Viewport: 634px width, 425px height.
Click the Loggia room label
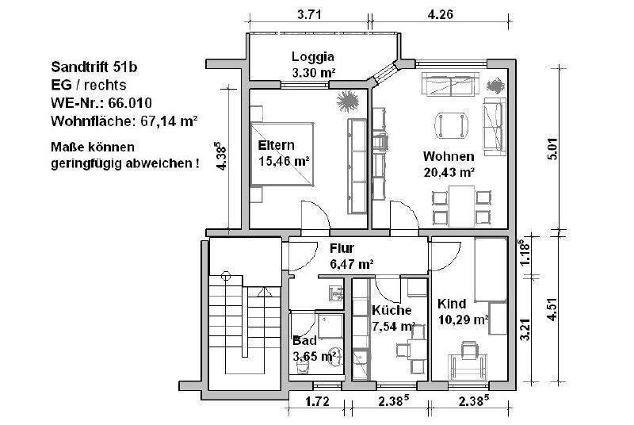tap(313, 56)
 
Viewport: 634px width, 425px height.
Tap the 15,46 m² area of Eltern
tap(284, 161)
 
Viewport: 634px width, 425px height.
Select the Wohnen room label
tap(448, 155)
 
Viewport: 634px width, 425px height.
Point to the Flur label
tap(342, 248)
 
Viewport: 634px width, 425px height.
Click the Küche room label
tap(390, 311)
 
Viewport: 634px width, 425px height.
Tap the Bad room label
tap(304, 340)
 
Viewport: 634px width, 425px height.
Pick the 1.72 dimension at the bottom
tap(318, 403)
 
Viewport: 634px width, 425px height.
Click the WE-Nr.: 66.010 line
tap(101, 103)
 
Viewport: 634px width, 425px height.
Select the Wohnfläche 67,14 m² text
tap(123, 121)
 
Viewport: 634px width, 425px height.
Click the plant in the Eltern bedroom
tap(347, 101)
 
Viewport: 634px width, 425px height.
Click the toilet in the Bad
tap(336, 358)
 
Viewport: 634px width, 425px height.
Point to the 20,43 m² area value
tap(448, 171)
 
